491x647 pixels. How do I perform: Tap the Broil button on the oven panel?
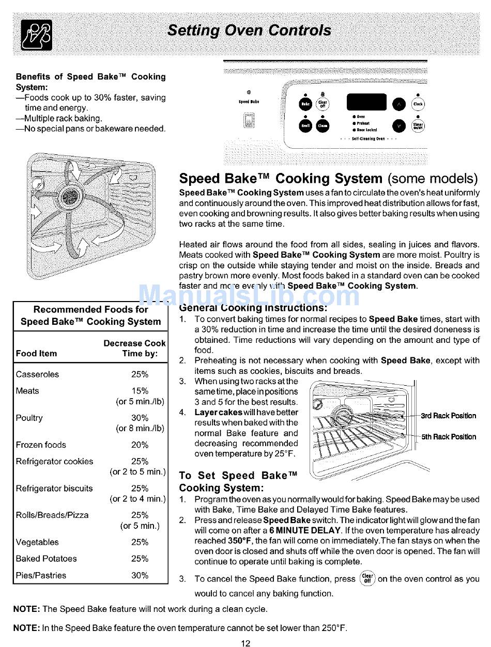click(306, 125)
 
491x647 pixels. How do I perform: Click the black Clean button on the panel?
click(323, 125)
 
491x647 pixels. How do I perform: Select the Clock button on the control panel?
click(418, 104)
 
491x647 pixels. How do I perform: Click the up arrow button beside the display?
click(400, 104)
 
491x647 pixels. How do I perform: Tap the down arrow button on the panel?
click(400, 125)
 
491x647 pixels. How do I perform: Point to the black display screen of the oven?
click(366, 102)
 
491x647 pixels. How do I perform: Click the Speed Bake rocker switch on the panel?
click(248, 120)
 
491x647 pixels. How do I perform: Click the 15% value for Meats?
click(140, 391)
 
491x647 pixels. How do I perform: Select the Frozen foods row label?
click(41, 445)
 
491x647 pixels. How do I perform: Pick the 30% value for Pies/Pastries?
click(140, 575)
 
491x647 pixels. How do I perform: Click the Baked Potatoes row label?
click(46, 559)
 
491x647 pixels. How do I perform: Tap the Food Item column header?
click(36, 354)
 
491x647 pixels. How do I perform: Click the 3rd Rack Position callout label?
click(448, 416)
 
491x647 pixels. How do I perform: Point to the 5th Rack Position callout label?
click(448, 437)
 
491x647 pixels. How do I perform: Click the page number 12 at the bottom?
click(245, 643)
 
